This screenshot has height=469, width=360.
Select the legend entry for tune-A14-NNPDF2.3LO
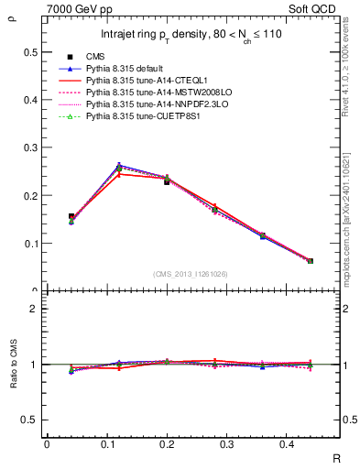click(x=148, y=105)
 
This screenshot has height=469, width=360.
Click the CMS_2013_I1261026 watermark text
click(x=190, y=274)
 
